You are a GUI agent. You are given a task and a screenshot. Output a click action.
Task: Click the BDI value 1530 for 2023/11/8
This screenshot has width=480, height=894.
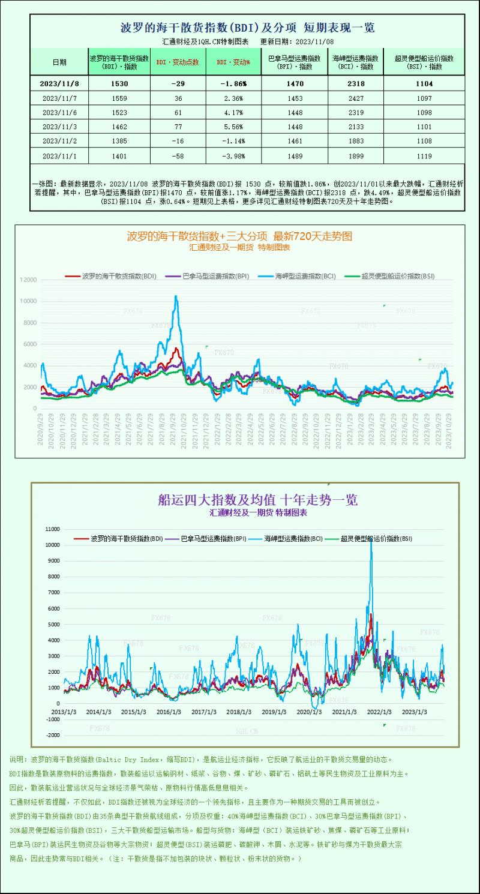click(119, 84)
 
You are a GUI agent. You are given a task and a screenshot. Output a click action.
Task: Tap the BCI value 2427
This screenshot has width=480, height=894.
click(355, 98)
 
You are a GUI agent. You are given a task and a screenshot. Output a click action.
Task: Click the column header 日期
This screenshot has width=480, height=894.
click(59, 62)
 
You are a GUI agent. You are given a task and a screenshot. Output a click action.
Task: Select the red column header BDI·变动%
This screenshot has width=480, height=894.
click(233, 62)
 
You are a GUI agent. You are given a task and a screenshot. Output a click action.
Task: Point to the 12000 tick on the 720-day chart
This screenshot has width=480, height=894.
click(28, 280)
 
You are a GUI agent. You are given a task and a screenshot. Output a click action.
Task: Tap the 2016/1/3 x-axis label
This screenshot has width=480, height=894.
click(169, 712)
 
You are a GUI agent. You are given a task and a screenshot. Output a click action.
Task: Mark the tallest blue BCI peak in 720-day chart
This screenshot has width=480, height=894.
click(176, 296)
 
